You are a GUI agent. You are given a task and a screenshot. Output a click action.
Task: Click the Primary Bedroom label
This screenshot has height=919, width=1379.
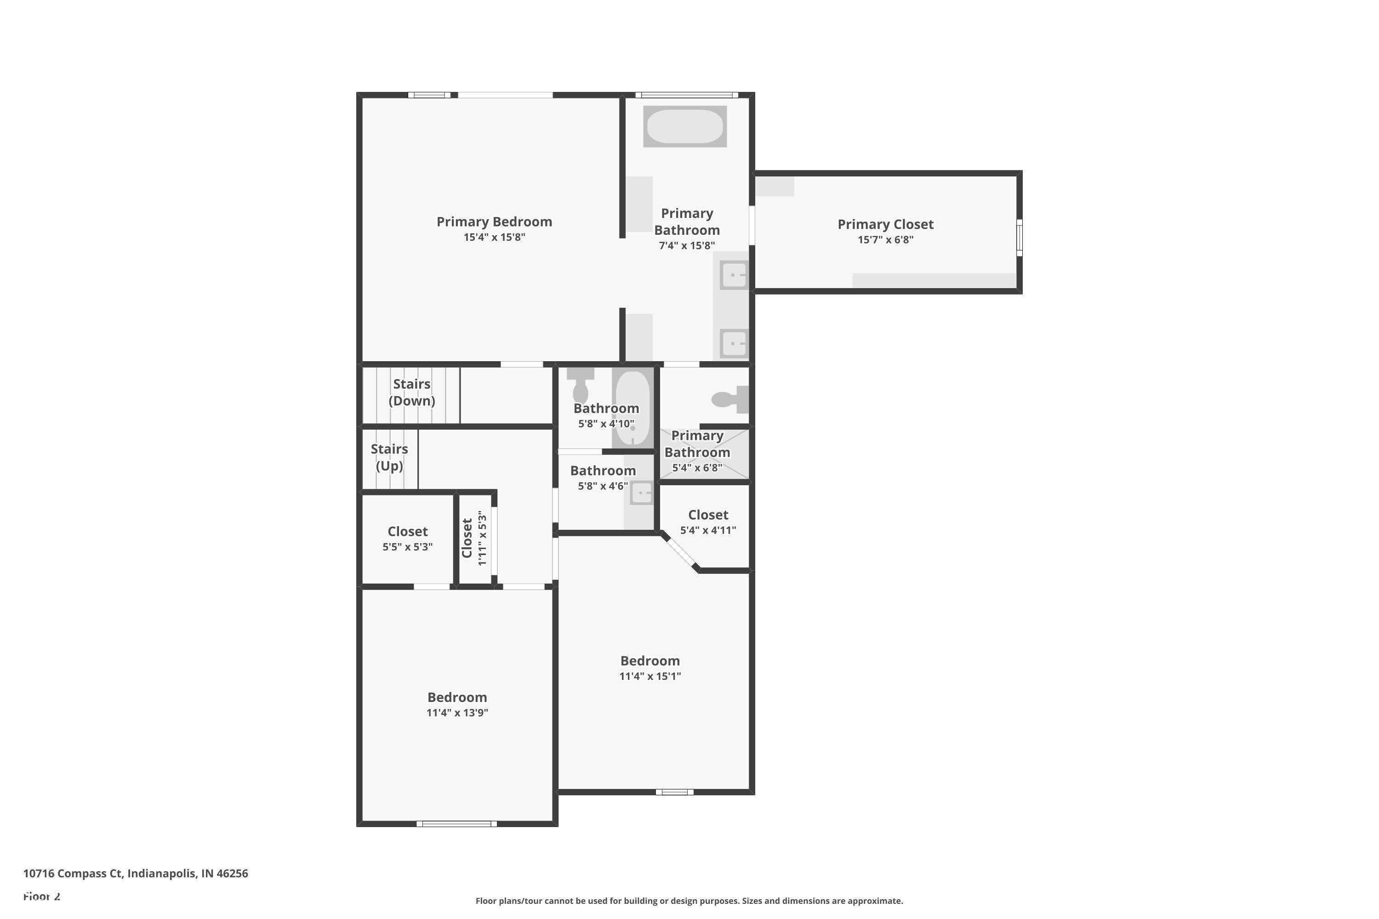point(494,221)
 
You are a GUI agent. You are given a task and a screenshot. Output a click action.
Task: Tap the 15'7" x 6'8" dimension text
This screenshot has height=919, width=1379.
point(885,240)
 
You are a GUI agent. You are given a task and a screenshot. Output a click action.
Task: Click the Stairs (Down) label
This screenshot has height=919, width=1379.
point(411,392)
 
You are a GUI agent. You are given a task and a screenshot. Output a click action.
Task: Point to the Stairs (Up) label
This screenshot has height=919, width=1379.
point(389,457)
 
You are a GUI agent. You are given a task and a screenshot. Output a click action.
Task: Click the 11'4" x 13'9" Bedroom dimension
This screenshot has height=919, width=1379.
point(457,713)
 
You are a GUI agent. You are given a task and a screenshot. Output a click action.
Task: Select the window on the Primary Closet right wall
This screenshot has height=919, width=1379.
point(1019,238)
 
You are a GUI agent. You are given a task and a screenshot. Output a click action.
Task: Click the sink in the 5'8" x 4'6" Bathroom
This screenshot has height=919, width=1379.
point(641,493)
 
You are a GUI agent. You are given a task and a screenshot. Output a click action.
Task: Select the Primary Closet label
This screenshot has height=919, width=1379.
point(885,225)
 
